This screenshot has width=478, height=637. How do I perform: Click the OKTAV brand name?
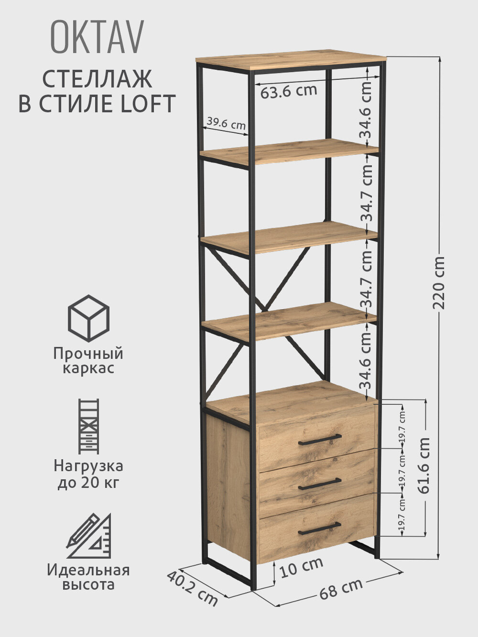click(97, 38)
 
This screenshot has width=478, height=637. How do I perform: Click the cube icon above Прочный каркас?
click(88, 318)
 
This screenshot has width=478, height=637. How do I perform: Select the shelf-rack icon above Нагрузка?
click(88, 426)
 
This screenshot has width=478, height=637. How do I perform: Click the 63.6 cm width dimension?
click(288, 91)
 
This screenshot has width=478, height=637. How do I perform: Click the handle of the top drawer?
click(320, 439)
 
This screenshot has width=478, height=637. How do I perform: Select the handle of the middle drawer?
click(319, 484)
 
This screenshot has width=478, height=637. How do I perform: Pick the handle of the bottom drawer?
click(319, 528)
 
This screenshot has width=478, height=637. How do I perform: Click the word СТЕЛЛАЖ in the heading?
click(97, 79)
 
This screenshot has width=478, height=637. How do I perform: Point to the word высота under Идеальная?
click(88, 584)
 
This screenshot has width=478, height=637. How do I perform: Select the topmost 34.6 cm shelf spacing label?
click(366, 109)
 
